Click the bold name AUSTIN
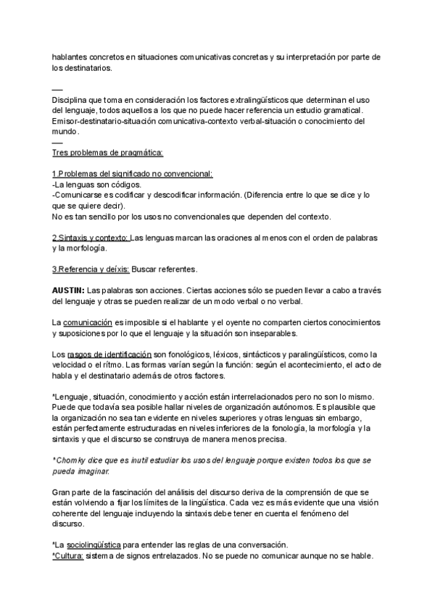[68, 290]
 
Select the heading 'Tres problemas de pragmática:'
[108, 153]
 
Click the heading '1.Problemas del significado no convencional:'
[133, 174]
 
